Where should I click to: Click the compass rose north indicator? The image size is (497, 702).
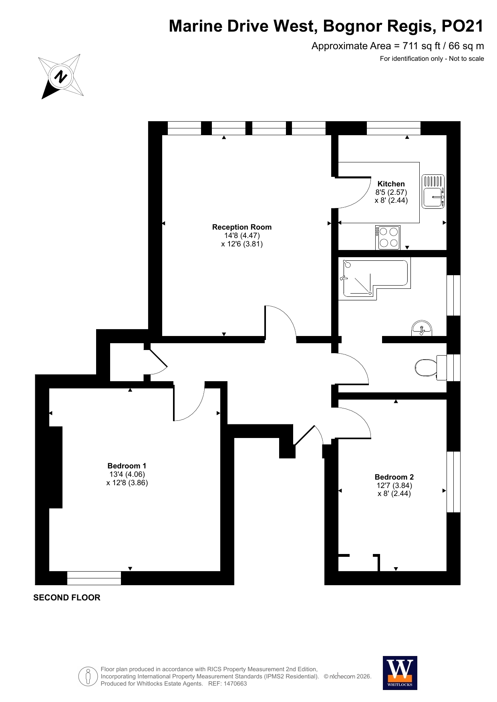61,76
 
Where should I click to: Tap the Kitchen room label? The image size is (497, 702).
391,184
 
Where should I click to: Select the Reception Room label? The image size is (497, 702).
242,227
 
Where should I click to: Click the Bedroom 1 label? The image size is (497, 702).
127,466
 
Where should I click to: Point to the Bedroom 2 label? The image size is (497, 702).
394,477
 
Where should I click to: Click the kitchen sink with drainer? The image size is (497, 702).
433,191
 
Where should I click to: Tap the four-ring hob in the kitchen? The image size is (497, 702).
388,238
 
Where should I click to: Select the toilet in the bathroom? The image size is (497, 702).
431,368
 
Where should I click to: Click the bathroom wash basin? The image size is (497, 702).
422,328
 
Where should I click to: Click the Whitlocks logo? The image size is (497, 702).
400,673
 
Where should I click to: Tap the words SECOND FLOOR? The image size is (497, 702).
67,598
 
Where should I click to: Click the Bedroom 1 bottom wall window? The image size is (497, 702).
94,578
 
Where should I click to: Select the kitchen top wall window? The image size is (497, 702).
394,128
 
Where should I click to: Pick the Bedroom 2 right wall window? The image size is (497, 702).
453,482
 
